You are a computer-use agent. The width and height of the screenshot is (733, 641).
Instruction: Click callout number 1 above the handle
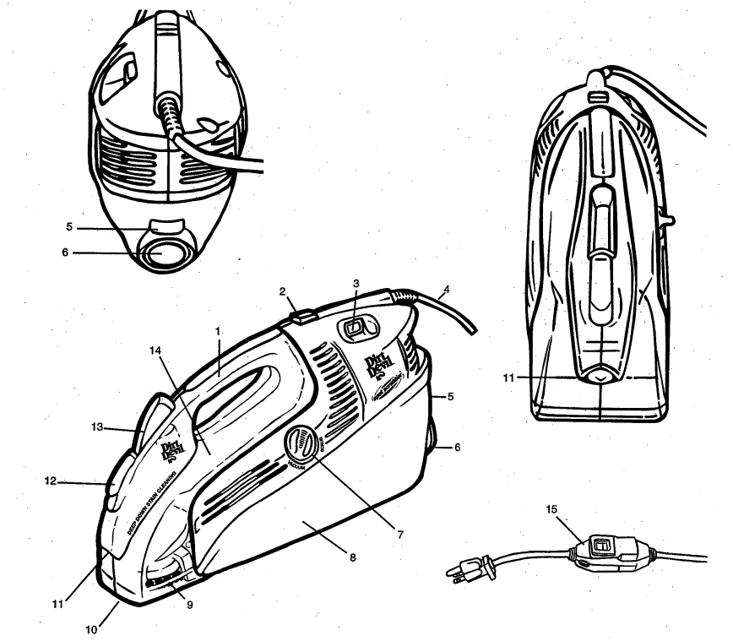pyautogui.click(x=218, y=332)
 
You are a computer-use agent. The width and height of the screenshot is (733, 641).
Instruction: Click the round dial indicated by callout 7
pyautogui.click(x=300, y=443)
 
